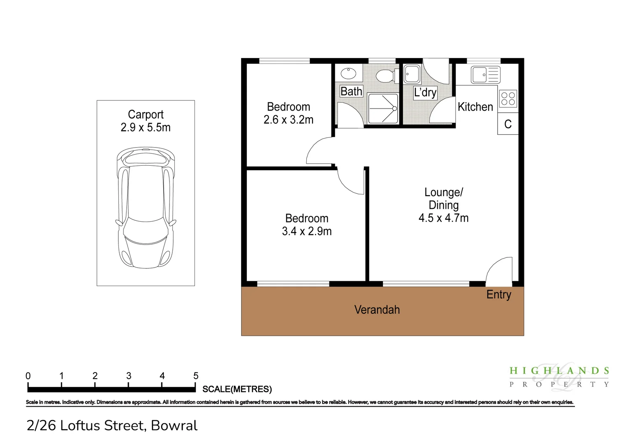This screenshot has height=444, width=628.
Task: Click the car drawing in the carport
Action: tap(146, 208)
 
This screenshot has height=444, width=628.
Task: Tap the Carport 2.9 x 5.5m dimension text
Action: tap(146, 127)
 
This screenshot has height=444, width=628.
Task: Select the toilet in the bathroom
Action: tap(387, 75)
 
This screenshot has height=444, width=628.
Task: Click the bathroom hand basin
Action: tap(348, 74)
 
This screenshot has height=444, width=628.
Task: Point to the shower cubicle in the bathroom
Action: tap(383, 109)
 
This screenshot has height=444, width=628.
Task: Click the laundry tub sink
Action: tap(412, 74)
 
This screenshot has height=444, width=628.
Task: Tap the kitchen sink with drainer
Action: tap(485, 74)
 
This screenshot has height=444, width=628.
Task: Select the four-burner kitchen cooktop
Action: tap(508, 98)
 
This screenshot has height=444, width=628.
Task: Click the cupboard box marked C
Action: tap(508, 124)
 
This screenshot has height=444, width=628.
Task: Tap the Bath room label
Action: tap(351, 91)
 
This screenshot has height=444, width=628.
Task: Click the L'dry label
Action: tap(425, 92)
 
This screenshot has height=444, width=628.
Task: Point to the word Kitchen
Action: tap(475, 107)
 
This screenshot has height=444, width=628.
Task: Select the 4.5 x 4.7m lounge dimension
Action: tap(443, 218)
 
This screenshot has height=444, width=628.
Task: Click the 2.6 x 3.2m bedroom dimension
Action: tap(288, 120)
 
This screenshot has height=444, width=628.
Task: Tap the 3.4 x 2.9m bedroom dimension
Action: tap(307, 231)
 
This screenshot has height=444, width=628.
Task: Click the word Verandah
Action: tap(377, 310)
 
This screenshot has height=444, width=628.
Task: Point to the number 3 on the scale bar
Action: tap(129, 376)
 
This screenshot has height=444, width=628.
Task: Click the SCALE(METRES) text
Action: tap(237, 389)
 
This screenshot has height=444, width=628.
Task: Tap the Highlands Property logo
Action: tap(559, 377)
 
